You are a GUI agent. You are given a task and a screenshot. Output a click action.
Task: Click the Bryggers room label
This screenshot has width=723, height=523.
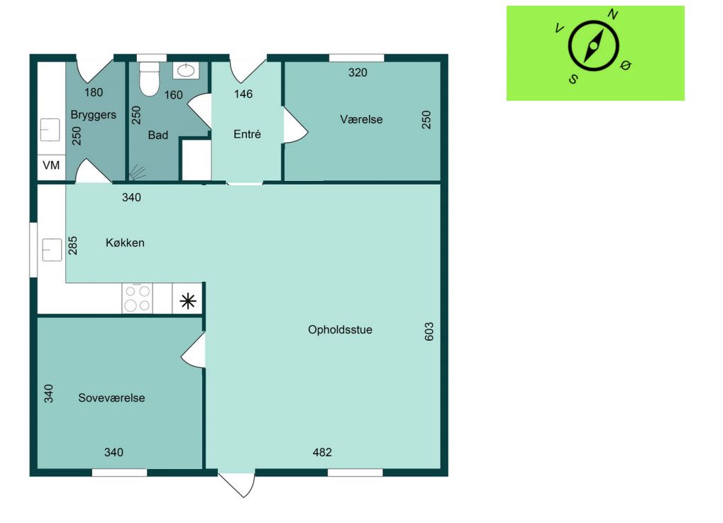tap(93, 115)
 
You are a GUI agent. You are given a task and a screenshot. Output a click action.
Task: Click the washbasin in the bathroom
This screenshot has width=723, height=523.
tap(186, 70)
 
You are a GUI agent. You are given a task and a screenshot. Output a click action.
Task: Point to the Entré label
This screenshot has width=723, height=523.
tap(247, 134)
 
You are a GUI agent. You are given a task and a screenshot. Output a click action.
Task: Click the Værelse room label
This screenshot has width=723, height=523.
tap(361, 119)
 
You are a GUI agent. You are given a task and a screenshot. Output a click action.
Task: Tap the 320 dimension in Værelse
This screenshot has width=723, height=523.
tap(358, 72)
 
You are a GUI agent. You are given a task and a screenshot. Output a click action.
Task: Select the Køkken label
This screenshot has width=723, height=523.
tap(125, 243)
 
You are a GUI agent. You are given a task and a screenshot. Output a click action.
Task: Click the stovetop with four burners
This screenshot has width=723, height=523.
tap(138, 298)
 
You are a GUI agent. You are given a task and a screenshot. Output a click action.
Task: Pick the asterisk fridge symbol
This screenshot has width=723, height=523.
tap(187, 301)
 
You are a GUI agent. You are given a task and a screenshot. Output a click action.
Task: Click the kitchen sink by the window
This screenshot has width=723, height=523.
tap(52, 250)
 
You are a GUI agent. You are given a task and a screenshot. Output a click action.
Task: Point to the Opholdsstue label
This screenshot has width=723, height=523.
tap(341, 330)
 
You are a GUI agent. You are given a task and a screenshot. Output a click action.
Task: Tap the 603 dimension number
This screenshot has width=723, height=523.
tap(429, 331)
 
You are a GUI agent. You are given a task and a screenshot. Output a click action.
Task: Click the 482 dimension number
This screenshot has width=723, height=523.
tap(322, 453)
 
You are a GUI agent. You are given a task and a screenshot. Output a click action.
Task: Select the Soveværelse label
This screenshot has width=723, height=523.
tap(111, 398)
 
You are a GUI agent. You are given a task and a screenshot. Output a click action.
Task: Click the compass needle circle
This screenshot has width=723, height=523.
tap(593, 45)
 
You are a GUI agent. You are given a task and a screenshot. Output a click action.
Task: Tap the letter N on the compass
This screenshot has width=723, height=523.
tap(613, 15)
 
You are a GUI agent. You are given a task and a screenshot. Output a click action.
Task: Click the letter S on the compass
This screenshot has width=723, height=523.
tap(573, 79)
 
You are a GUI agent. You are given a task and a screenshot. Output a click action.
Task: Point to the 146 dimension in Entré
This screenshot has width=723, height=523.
tap(243, 94)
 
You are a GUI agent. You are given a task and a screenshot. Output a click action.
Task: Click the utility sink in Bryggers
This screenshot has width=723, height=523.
tap(50, 130)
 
